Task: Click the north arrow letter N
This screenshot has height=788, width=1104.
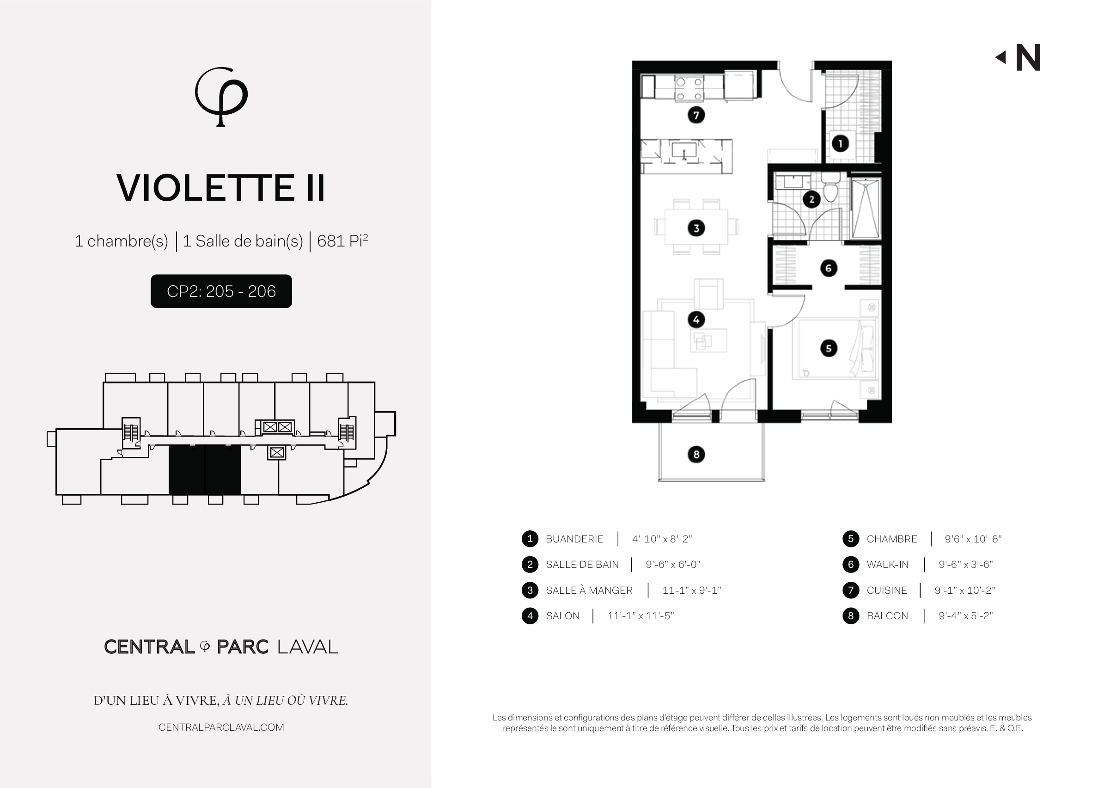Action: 1028,58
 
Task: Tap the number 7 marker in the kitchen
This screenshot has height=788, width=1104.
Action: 696,115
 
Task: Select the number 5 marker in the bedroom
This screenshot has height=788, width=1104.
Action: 829,348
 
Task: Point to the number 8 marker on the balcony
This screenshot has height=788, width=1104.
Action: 696,454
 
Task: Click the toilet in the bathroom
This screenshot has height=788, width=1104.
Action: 830,189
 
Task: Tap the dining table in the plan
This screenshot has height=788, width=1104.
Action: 696,227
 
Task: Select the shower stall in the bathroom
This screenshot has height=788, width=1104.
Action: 866,208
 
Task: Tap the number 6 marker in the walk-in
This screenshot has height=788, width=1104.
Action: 829,268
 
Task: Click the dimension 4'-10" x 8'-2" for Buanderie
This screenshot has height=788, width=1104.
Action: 662,539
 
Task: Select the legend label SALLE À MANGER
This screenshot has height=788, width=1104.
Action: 589,590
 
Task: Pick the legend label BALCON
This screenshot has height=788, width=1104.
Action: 887,616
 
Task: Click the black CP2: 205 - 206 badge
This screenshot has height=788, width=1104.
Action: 221,291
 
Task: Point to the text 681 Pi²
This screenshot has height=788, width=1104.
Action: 342,240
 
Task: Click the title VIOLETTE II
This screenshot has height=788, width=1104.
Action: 221,188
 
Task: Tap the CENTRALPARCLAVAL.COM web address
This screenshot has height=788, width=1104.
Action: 221,727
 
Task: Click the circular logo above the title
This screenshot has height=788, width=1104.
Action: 221,97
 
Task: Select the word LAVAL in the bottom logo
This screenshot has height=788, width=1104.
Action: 307,647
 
